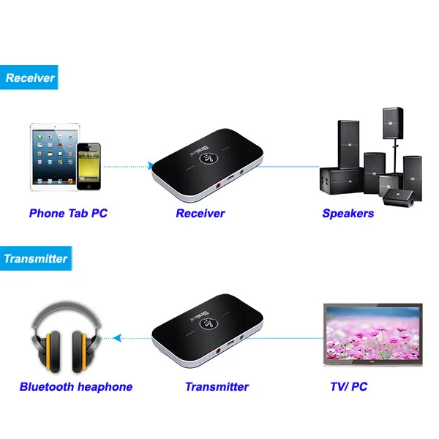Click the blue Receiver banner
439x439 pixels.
pos(29,78)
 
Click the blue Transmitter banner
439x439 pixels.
pos(36,258)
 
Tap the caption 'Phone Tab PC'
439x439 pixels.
pos(68,214)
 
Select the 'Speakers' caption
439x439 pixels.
pos(348,214)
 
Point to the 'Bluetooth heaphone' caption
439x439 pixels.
pos(76,387)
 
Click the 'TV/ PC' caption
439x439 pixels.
pos(348,386)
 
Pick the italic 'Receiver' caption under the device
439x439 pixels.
pos(200,214)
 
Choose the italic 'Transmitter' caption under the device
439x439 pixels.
pos(217,387)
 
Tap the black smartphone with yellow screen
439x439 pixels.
pos(89,167)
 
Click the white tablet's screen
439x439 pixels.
pos(55,157)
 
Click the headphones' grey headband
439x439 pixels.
pos(66,311)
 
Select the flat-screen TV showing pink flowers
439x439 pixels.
pos(373,334)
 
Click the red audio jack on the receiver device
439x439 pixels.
pos(218,185)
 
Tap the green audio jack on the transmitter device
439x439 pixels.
pos(241,337)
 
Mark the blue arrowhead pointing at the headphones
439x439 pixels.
pos(117,338)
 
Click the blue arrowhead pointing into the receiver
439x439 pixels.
pos(150,166)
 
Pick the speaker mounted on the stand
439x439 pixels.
pos(393,123)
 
